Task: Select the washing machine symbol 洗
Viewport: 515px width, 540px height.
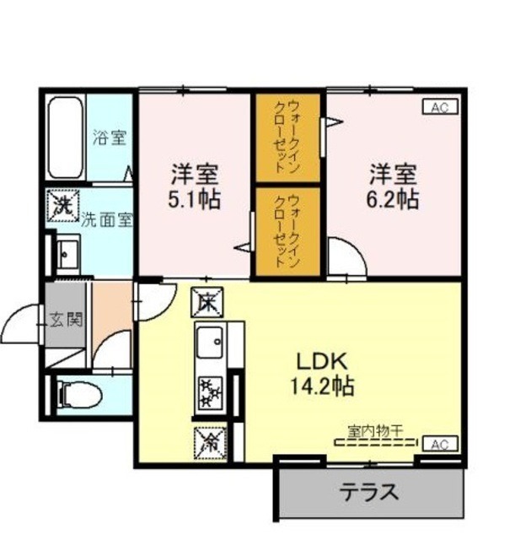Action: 62,205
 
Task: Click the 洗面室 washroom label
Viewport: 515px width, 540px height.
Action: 106,221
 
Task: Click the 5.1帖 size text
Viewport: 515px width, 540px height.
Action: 196,201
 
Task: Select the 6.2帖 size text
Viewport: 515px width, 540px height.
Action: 392,199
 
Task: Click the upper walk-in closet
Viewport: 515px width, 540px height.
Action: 288,136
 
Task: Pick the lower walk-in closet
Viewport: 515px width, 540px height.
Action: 288,230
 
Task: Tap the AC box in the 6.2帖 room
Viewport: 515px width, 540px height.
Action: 439,107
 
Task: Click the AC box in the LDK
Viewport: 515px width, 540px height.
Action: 439,444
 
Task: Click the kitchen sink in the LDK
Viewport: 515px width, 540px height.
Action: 209,343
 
